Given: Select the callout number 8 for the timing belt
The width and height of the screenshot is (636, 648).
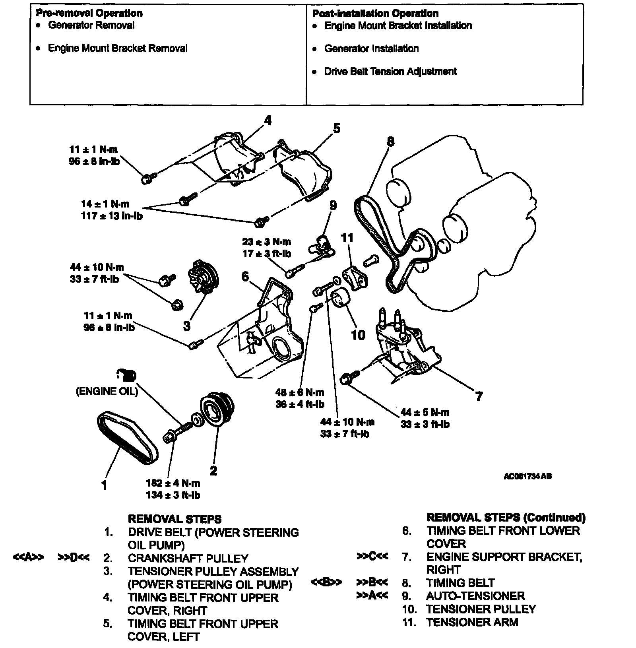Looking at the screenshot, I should click(390, 142).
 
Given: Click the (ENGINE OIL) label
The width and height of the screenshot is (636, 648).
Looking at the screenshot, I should click(107, 391).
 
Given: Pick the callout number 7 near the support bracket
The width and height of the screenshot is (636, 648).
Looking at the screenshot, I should click(479, 396).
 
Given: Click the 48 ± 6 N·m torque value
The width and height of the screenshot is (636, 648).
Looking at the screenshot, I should click(300, 392).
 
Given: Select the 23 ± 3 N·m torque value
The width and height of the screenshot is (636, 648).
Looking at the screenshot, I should click(266, 242).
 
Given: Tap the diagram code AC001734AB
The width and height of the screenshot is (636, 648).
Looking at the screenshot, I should click(527, 476).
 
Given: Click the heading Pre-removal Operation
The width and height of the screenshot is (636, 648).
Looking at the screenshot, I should click(89, 13).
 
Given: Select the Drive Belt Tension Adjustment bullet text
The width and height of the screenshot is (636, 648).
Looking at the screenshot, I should click(390, 72).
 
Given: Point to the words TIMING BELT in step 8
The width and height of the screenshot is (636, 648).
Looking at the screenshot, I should click(460, 583).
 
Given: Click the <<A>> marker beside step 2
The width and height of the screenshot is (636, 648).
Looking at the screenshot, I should click(28, 557).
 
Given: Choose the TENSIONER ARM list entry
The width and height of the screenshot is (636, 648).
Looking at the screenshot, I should click(472, 622).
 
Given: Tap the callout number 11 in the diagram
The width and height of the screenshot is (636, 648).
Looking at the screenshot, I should click(347, 238).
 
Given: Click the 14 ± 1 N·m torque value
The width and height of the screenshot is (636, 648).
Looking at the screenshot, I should click(105, 204).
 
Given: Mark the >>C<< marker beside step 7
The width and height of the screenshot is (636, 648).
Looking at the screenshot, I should click(372, 557).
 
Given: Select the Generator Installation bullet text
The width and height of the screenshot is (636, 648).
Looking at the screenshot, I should click(371, 49).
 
